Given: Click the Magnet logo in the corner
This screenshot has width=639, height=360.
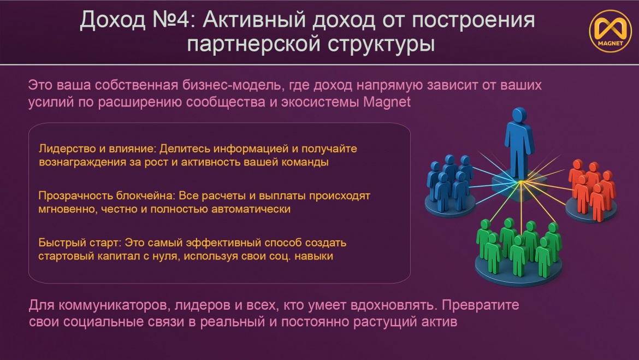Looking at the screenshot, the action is (610, 31).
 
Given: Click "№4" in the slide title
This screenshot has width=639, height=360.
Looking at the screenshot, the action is (171, 20).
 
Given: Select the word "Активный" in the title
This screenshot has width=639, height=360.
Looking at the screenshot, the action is (254, 20).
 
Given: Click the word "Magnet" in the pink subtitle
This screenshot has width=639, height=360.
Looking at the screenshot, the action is (386, 102).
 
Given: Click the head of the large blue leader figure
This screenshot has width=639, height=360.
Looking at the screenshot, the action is (519, 115).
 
